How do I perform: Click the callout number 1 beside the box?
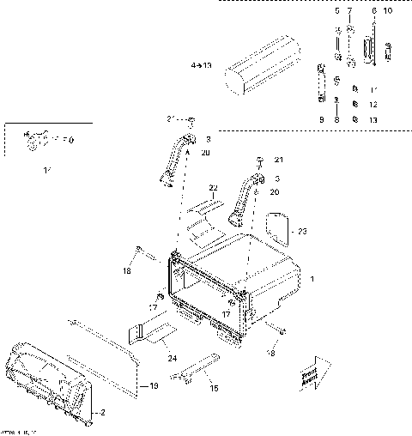(x=312, y=280)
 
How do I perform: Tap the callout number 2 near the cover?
(x=104, y=413)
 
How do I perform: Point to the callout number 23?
(x=301, y=231)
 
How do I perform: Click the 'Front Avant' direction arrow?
(x=311, y=374)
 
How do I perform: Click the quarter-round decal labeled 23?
(x=276, y=227)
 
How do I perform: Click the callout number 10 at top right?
(x=387, y=11)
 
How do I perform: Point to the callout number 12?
(x=373, y=104)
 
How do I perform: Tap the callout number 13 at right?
(x=373, y=119)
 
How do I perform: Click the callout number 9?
(x=321, y=119)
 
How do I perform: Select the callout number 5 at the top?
(x=336, y=11)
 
